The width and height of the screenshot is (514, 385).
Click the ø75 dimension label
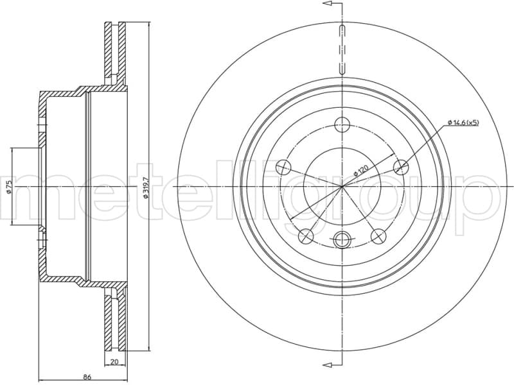(8, 186)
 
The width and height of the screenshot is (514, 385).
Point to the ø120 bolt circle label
(362, 170)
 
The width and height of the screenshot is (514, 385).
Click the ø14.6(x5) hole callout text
(461, 122)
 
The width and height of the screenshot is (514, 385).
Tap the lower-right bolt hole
(379, 236)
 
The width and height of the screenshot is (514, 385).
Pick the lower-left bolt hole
(306, 236)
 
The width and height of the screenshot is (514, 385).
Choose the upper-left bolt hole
(283, 167)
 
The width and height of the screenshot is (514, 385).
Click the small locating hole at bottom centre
(342, 239)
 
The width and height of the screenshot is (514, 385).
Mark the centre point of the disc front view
(342, 186)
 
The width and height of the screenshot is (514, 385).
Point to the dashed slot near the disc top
(342, 48)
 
